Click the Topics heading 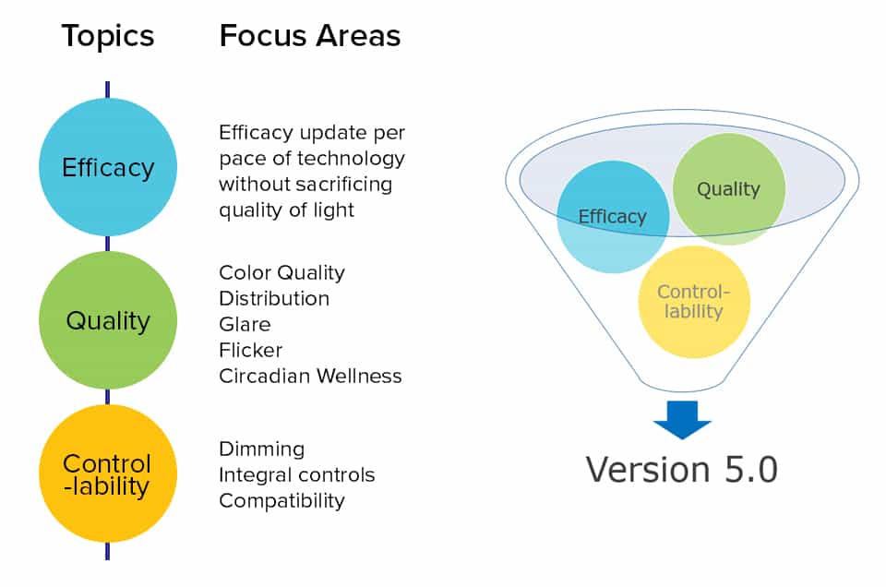(x=107, y=36)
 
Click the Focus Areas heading (x=309, y=36)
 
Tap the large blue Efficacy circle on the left (x=108, y=167)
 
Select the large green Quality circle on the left (x=108, y=320)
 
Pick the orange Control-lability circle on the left (x=108, y=473)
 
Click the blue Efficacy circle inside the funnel (x=613, y=217)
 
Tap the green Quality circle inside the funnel (x=728, y=189)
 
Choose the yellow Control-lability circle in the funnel (x=694, y=302)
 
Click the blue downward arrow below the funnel (x=682, y=420)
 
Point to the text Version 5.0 (x=682, y=470)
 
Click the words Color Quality (x=281, y=273)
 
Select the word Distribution (x=274, y=299)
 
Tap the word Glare (x=245, y=325)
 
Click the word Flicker (x=250, y=351)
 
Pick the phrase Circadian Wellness (x=310, y=377)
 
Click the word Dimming (x=261, y=449)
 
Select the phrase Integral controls (x=296, y=475)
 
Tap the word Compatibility (x=281, y=501)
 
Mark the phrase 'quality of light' (x=286, y=210)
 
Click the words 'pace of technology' (x=311, y=159)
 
